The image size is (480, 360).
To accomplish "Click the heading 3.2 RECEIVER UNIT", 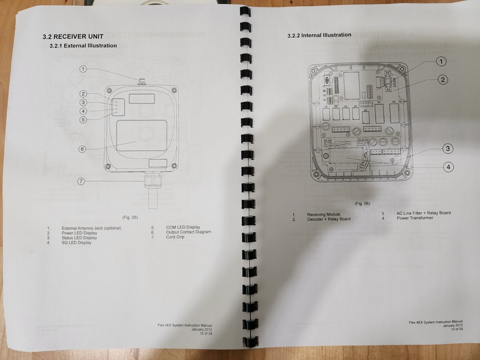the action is pos(73,36).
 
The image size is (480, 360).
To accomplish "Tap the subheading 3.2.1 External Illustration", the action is pos(83,46).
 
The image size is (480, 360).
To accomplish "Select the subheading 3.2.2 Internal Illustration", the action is pos(319,35).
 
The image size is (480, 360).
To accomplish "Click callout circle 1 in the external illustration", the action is pos(83,69).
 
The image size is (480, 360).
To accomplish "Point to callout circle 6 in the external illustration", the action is pos(82,149).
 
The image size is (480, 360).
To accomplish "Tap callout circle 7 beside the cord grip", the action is pos(81,181).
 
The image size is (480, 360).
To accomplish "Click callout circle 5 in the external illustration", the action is pos(83,120).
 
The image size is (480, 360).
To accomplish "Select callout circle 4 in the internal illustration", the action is pos(448,167).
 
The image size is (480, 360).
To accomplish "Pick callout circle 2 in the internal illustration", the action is pos(443,80).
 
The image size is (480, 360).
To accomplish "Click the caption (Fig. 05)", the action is pos(130,217).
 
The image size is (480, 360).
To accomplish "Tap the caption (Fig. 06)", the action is pos(362,204).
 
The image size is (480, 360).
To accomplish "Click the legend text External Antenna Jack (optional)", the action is pos(92,228).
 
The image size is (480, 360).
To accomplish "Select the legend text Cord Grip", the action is pos(175,237).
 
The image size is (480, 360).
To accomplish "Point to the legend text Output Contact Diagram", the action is pos(189,232).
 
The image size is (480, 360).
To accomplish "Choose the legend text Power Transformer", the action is pos(415,218).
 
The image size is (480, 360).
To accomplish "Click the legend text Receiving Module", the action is pos(324,214).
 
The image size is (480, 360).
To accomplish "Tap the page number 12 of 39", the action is pos(206,334).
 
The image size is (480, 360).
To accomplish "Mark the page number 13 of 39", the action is pos(457,329).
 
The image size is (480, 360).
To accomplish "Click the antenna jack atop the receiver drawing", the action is pos(142,81).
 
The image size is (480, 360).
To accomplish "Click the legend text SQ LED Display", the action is pos(76,242).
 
